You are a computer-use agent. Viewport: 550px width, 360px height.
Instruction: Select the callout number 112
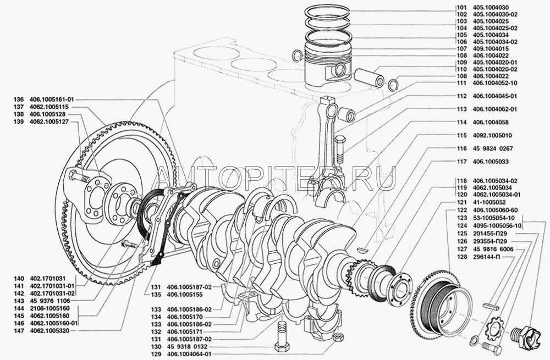pyautogui.click(x=461, y=96)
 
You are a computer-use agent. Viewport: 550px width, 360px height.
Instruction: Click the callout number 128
pyautogui.click(x=462, y=257)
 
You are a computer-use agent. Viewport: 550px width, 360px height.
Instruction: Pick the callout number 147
pyautogui.click(x=19, y=331)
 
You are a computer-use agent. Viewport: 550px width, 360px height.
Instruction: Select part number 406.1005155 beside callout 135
pyautogui.click(x=185, y=295)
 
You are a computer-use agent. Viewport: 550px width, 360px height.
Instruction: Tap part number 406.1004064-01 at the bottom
pyautogui.click(x=189, y=354)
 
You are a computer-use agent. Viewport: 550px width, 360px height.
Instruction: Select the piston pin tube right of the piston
pyautogui.click(x=369, y=77)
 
